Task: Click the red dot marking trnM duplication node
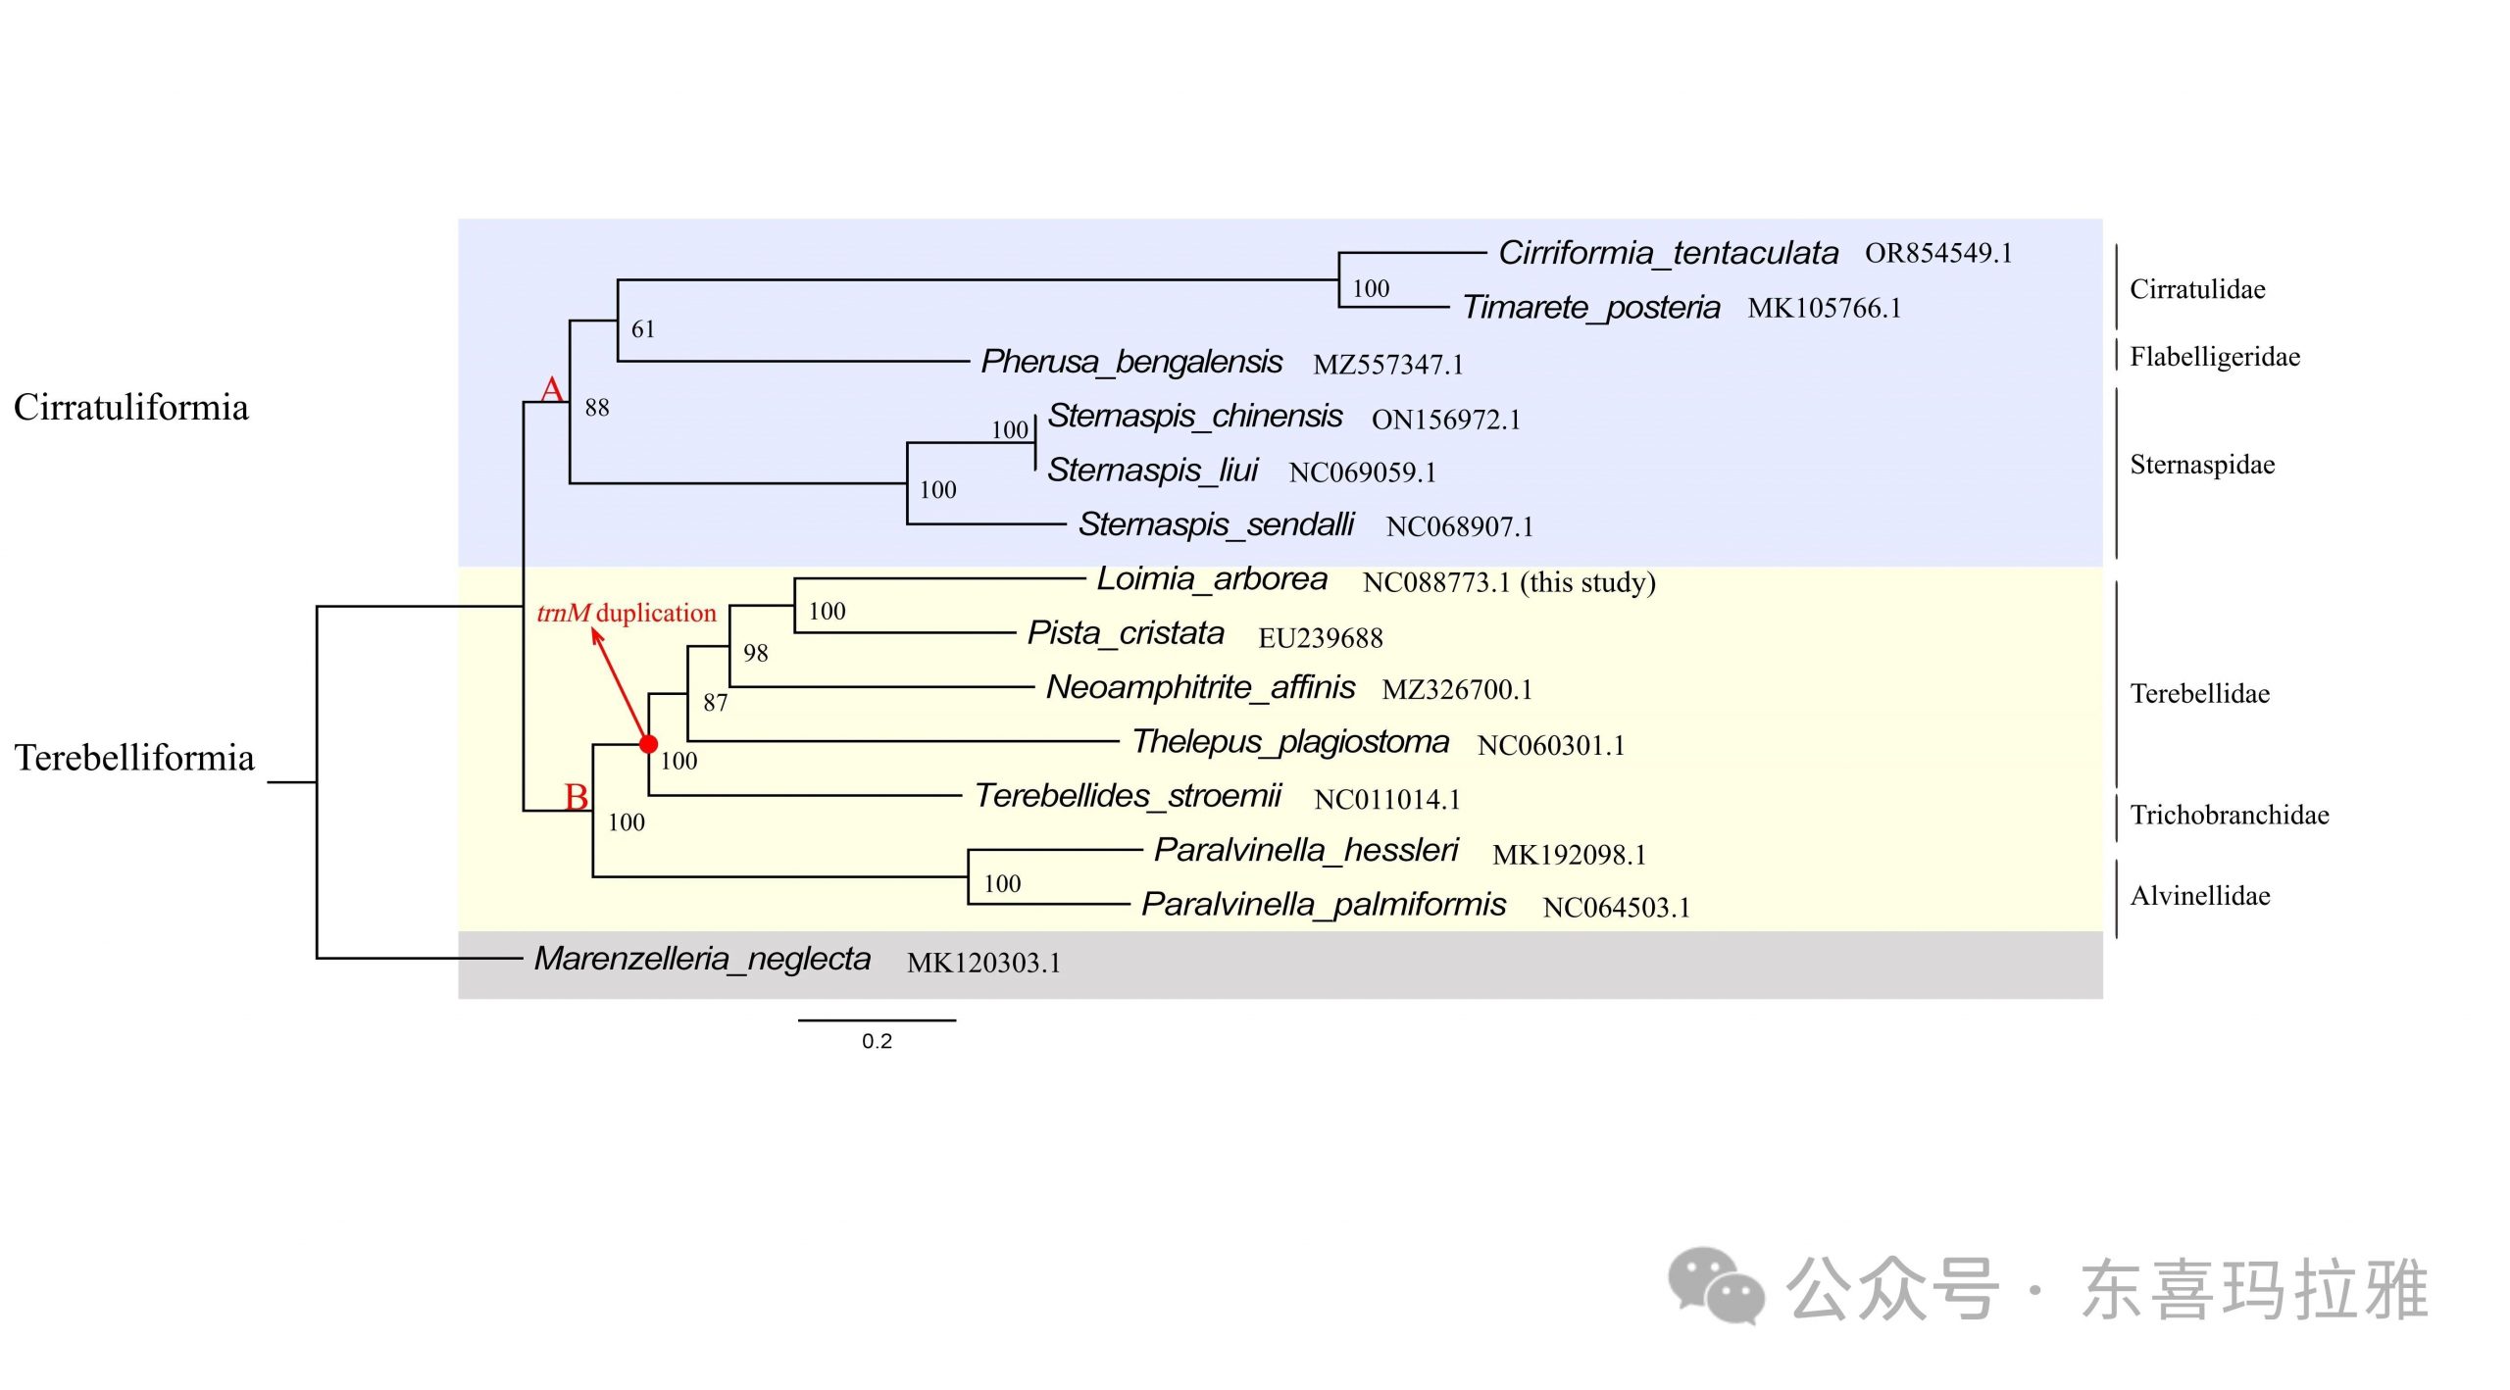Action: point(648,744)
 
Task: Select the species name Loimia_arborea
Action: point(1212,578)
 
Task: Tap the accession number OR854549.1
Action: point(1938,253)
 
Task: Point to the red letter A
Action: point(552,389)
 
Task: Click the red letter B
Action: point(577,797)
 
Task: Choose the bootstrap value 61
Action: point(643,329)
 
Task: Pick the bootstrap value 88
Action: point(597,408)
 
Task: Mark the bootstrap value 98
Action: point(756,653)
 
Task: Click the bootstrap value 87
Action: point(716,703)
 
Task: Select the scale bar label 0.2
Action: point(877,1041)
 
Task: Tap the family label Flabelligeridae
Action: point(2215,356)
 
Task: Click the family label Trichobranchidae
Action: point(2230,815)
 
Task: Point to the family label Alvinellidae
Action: point(2200,895)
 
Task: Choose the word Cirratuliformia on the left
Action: point(131,407)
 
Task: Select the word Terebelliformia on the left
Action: point(134,758)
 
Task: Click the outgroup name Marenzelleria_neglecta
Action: point(702,958)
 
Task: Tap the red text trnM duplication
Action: point(627,613)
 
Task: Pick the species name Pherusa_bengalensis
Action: point(1131,362)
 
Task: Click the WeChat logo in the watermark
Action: point(1716,1285)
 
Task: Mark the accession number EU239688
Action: point(1321,638)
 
